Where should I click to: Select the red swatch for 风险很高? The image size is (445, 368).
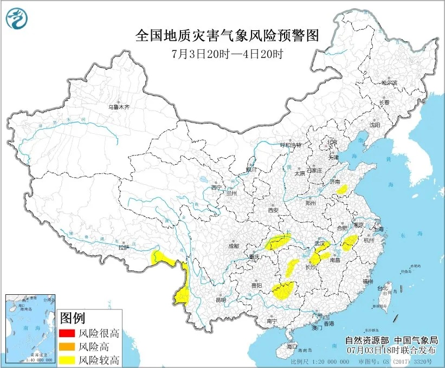[x=67, y=333]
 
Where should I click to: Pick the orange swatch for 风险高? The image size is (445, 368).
[x=67, y=346]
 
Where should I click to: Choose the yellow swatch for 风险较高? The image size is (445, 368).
[x=67, y=359]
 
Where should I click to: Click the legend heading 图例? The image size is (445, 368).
[x=72, y=318]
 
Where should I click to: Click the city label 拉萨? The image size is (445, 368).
[x=124, y=248]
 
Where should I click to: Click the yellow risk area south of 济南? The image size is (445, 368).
[x=342, y=189]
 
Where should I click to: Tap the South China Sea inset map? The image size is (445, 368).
[x=30, y=328]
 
